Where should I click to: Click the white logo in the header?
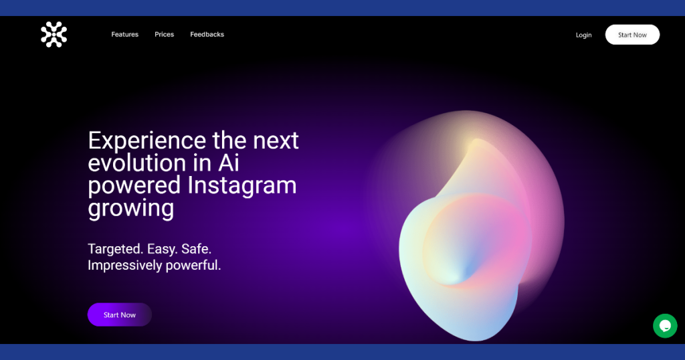point(54,35)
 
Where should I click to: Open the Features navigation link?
point(125,35)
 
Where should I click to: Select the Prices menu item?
point(165,35)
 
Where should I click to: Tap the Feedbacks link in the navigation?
point(207,35)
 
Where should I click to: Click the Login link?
point(583,35)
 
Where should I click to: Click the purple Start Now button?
point(120,314)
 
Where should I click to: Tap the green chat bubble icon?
point(665,325)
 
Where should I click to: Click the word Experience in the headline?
point(147,141)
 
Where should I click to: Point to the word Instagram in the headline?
point(242,185)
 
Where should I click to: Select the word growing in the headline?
point(131,208)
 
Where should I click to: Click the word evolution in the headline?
point(137,163)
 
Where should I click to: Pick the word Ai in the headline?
point(229,163)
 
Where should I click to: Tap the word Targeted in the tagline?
point(115,249)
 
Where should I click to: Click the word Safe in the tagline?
point(196,249)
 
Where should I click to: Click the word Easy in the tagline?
point(162,249)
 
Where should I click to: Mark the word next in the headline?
point(276,141)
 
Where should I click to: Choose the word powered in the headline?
point(134,185)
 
